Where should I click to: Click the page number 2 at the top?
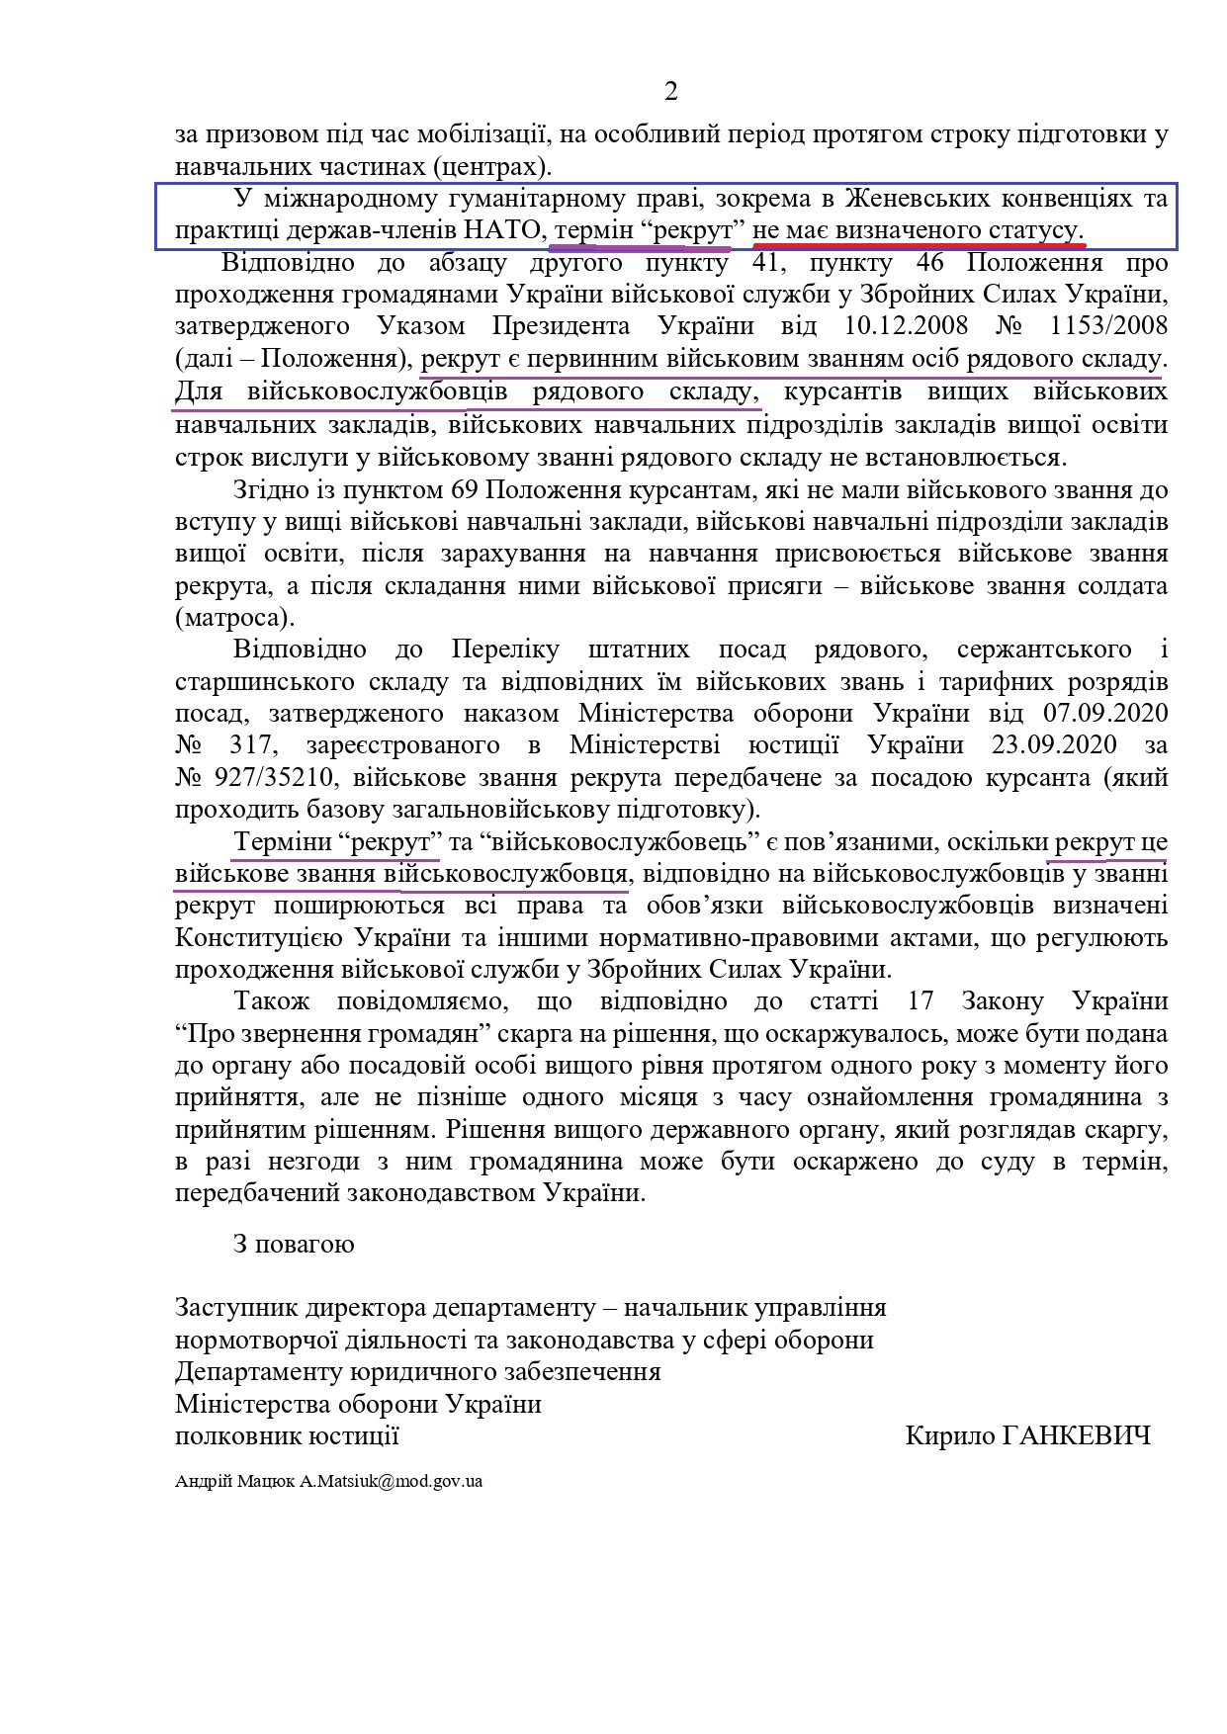coord(671,92)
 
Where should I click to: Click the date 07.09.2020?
coord(1106,714)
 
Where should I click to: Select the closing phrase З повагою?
coord(294,1244)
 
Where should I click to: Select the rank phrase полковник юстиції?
coord(287,1436)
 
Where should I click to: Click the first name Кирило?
coord(943,1436)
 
